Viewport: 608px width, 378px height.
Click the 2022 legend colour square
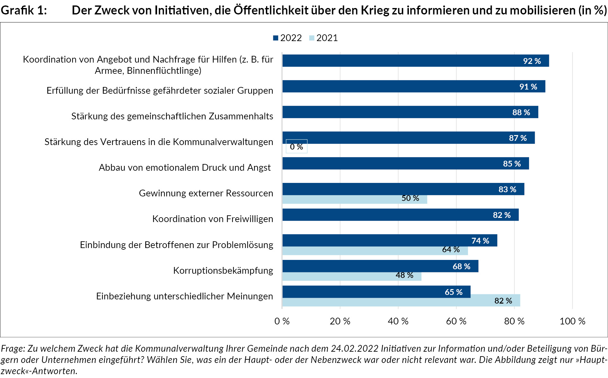coord(276,38)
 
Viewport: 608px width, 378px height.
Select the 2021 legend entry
coord(323,38)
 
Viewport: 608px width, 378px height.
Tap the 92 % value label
coord(532,61)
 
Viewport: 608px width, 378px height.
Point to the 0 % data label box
coord(296,147)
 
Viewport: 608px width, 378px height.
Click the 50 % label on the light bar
coord(410,198)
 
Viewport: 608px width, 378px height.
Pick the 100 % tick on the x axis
coord(572,321)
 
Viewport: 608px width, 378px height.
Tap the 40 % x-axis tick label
coord(398,321)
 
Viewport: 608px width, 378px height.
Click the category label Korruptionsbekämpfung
coord(223,271)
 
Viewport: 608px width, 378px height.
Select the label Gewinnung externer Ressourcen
coord(206,193)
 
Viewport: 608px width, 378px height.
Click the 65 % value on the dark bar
coord(454,292)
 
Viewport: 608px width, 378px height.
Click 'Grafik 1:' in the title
coord(24,10)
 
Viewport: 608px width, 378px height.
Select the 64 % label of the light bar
coord(451,250)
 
